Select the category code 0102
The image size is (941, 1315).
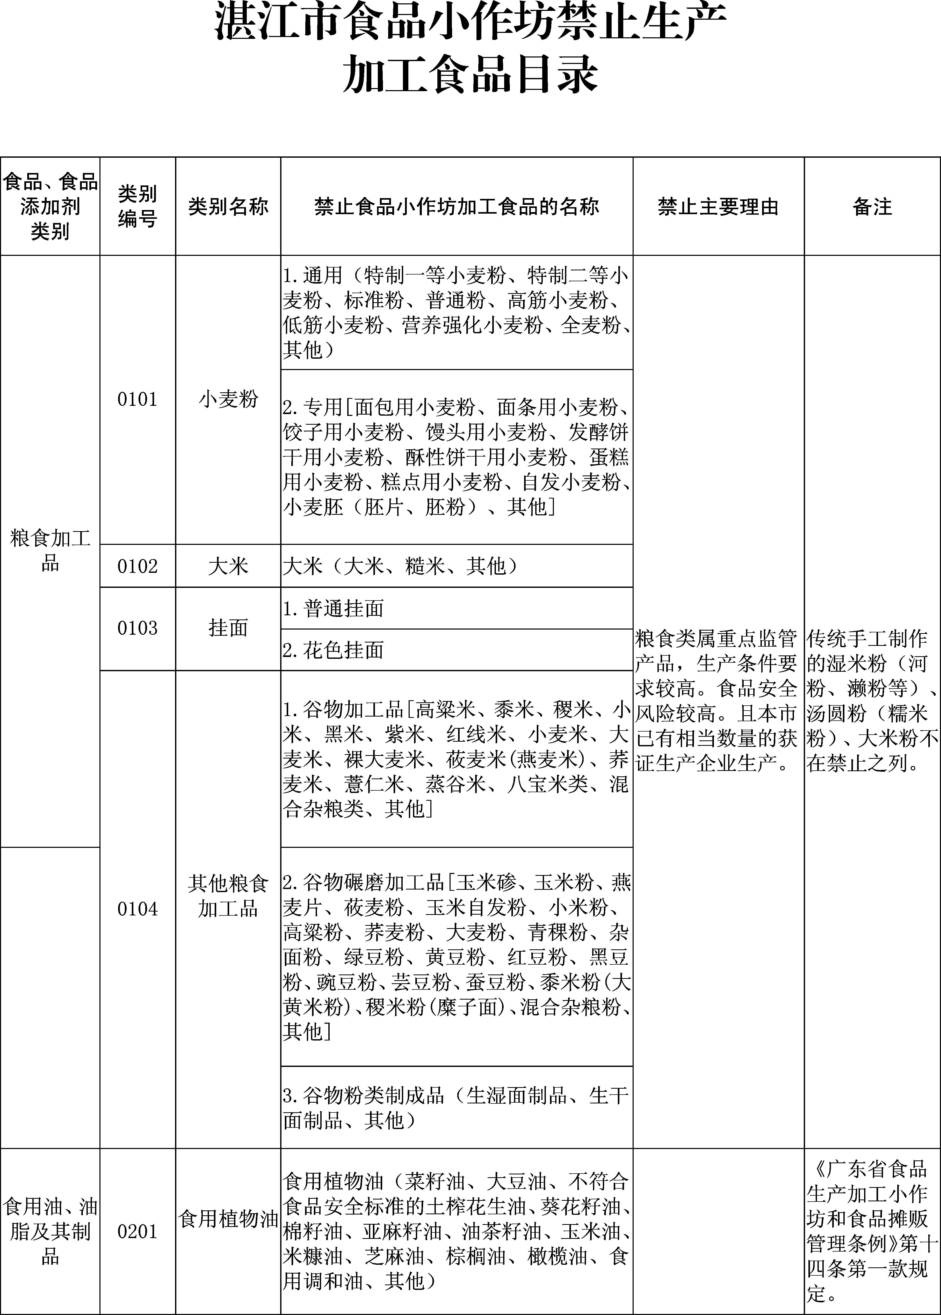coord(137,566)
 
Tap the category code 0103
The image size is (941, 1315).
coord(137,628)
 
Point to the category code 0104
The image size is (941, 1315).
coord(137,909)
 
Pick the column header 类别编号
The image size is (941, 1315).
coord(137,206)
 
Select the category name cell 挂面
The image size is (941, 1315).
coord(228,628)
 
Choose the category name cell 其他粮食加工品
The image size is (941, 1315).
coord(228,896)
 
